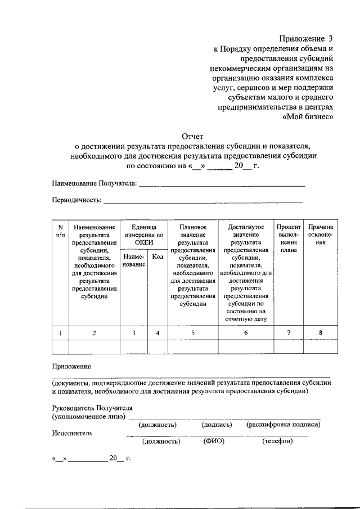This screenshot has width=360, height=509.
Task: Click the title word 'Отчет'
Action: tap(193, 136)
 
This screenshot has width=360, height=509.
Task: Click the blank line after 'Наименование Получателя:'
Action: tap(222, 183)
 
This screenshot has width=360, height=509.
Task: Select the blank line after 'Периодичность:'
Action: tap(202, 200)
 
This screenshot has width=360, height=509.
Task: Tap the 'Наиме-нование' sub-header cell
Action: tap(133, 260)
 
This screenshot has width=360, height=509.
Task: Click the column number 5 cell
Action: tap(193, 333)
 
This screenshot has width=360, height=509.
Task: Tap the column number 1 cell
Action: tap(60, 333)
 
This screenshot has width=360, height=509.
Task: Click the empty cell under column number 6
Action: tap(246, 347)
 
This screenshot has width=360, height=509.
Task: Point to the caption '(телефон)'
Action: tap(277, 442)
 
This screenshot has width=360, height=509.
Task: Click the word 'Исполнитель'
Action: tap(73, 433)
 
